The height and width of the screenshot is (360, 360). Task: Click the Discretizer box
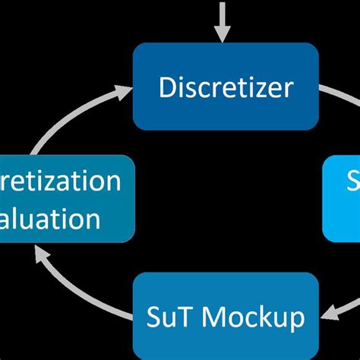tap(226, 86)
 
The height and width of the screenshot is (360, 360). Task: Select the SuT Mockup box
tap(226, 314)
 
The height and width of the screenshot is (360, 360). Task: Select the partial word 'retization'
tap(60, 181)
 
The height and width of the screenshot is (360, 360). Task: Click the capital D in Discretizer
tap(168, 87)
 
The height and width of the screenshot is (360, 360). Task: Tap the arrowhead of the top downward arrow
tap(222, 34)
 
